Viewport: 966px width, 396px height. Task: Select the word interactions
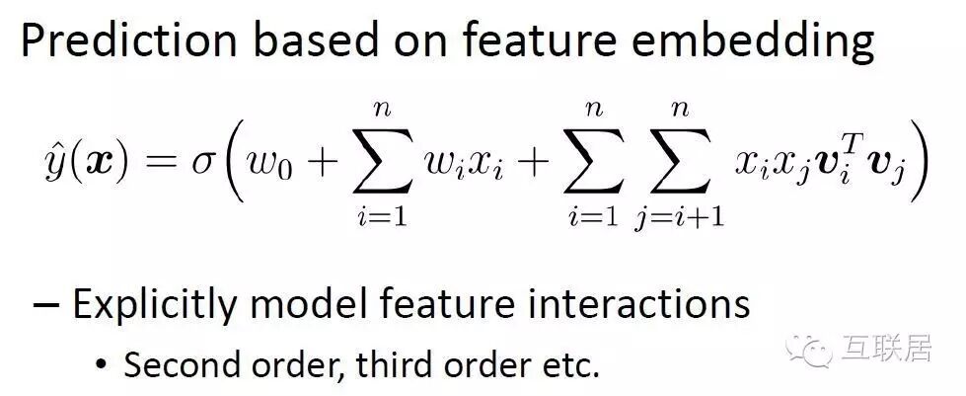tap(654, 304)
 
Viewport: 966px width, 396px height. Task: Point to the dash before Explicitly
tap(44, 305)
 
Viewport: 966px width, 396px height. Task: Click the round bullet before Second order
tap(101, 363)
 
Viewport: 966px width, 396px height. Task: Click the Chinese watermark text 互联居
tap(885, 349)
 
